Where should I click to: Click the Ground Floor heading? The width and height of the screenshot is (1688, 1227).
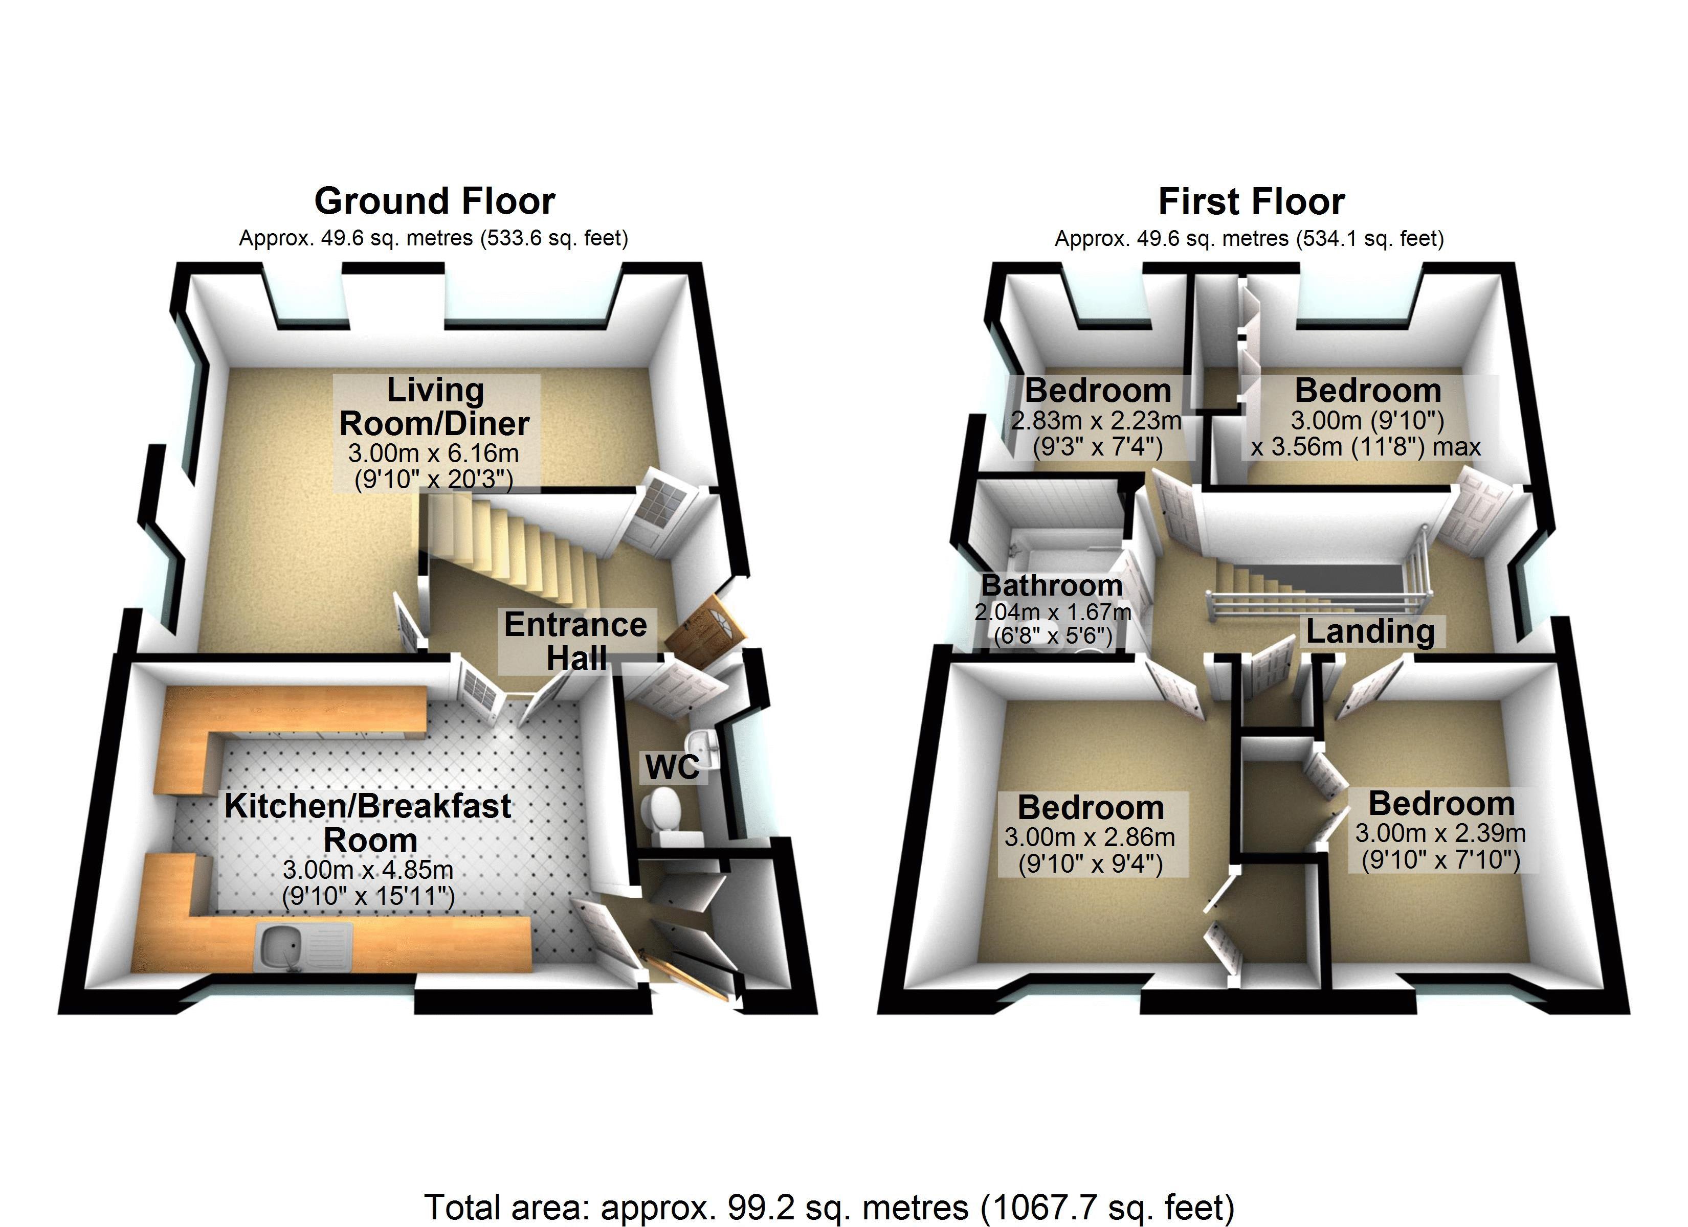435,201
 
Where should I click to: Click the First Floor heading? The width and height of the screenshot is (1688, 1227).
1251,201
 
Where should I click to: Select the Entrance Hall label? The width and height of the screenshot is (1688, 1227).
575,641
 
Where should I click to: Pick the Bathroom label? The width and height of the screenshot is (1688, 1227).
1052,585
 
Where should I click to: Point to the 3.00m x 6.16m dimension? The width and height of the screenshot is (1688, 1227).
434,453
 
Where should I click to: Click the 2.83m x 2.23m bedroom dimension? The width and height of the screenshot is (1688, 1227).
1096,421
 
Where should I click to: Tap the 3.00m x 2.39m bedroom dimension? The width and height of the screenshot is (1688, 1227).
1440,833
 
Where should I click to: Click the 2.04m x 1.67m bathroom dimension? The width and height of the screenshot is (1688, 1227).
1052,612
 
